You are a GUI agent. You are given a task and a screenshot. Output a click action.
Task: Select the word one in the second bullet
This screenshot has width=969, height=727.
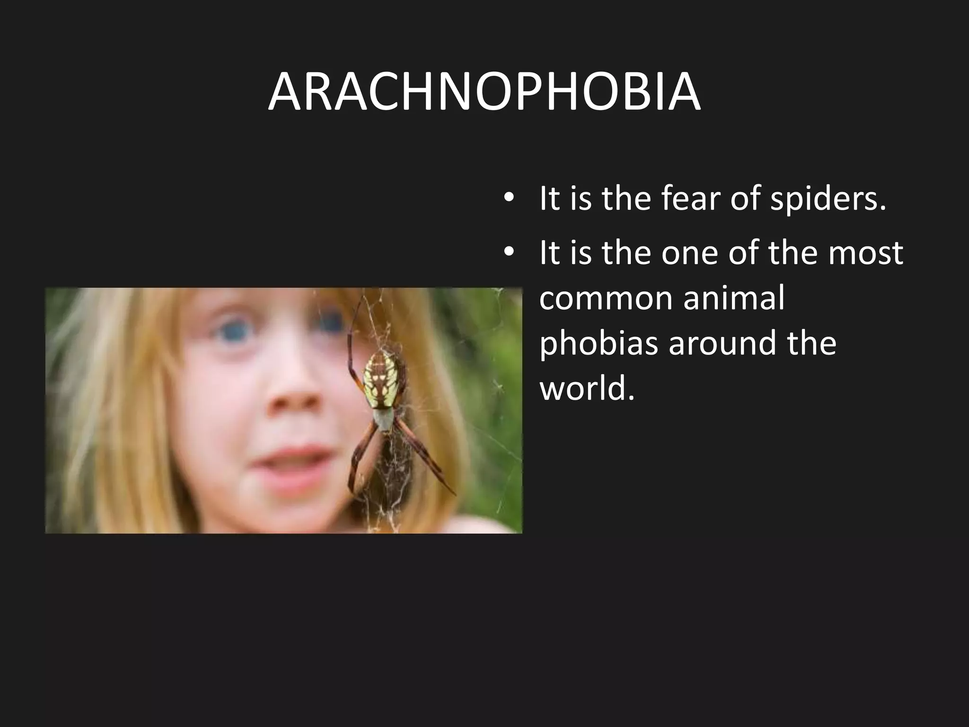[688, 253]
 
